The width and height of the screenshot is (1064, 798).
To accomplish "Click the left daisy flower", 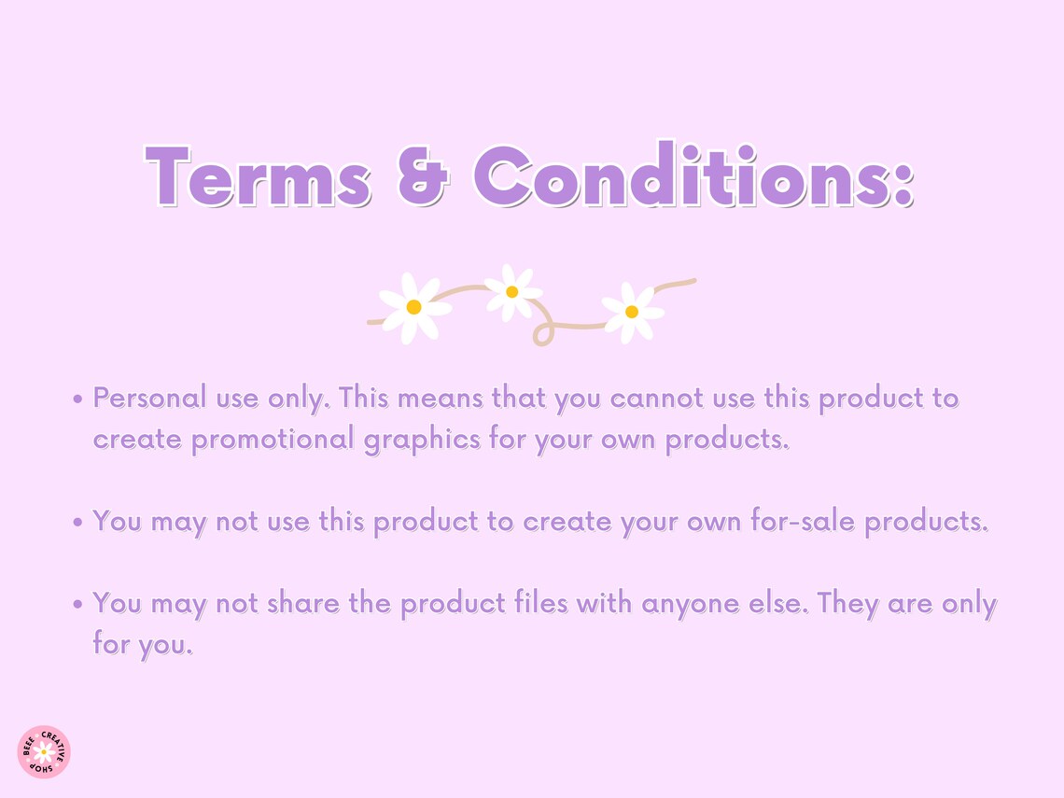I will (413, 307).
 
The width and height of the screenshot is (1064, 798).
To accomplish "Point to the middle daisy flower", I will (511, 292).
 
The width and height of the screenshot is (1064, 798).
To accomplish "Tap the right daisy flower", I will (632, 312).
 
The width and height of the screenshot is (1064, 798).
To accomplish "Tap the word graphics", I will (422, 440).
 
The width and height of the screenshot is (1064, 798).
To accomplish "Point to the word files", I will (541, 604).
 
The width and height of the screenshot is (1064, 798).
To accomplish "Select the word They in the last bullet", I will (848, 604).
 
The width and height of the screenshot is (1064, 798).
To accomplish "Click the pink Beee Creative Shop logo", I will (44, 751).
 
